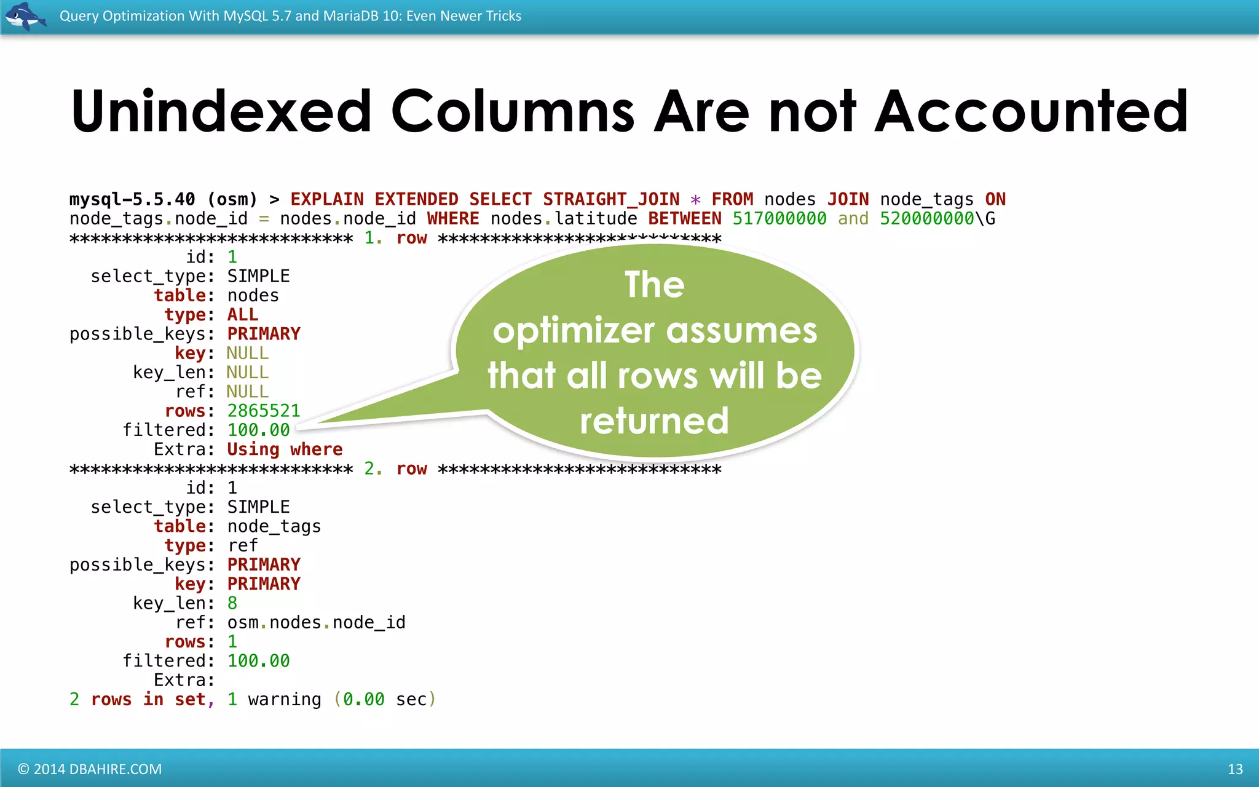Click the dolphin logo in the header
pos(25,15)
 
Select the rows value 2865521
pos(264,411)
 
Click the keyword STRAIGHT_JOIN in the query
pos(611,199)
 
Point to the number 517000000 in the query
pos(779,219)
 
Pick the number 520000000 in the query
pos(926,219)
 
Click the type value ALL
pos(243,315)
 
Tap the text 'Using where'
pos(285,449)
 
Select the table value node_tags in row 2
pos(274,526)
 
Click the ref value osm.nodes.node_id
pos(316,623)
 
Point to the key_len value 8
pos(232,603)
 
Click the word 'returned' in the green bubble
pos(654,421)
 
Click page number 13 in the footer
pos(1235,769)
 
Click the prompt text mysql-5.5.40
pos(132,199)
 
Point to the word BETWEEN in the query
pos(685,219)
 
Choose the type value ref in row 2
pos(243,545)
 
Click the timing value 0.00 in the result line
pos(364,700)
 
